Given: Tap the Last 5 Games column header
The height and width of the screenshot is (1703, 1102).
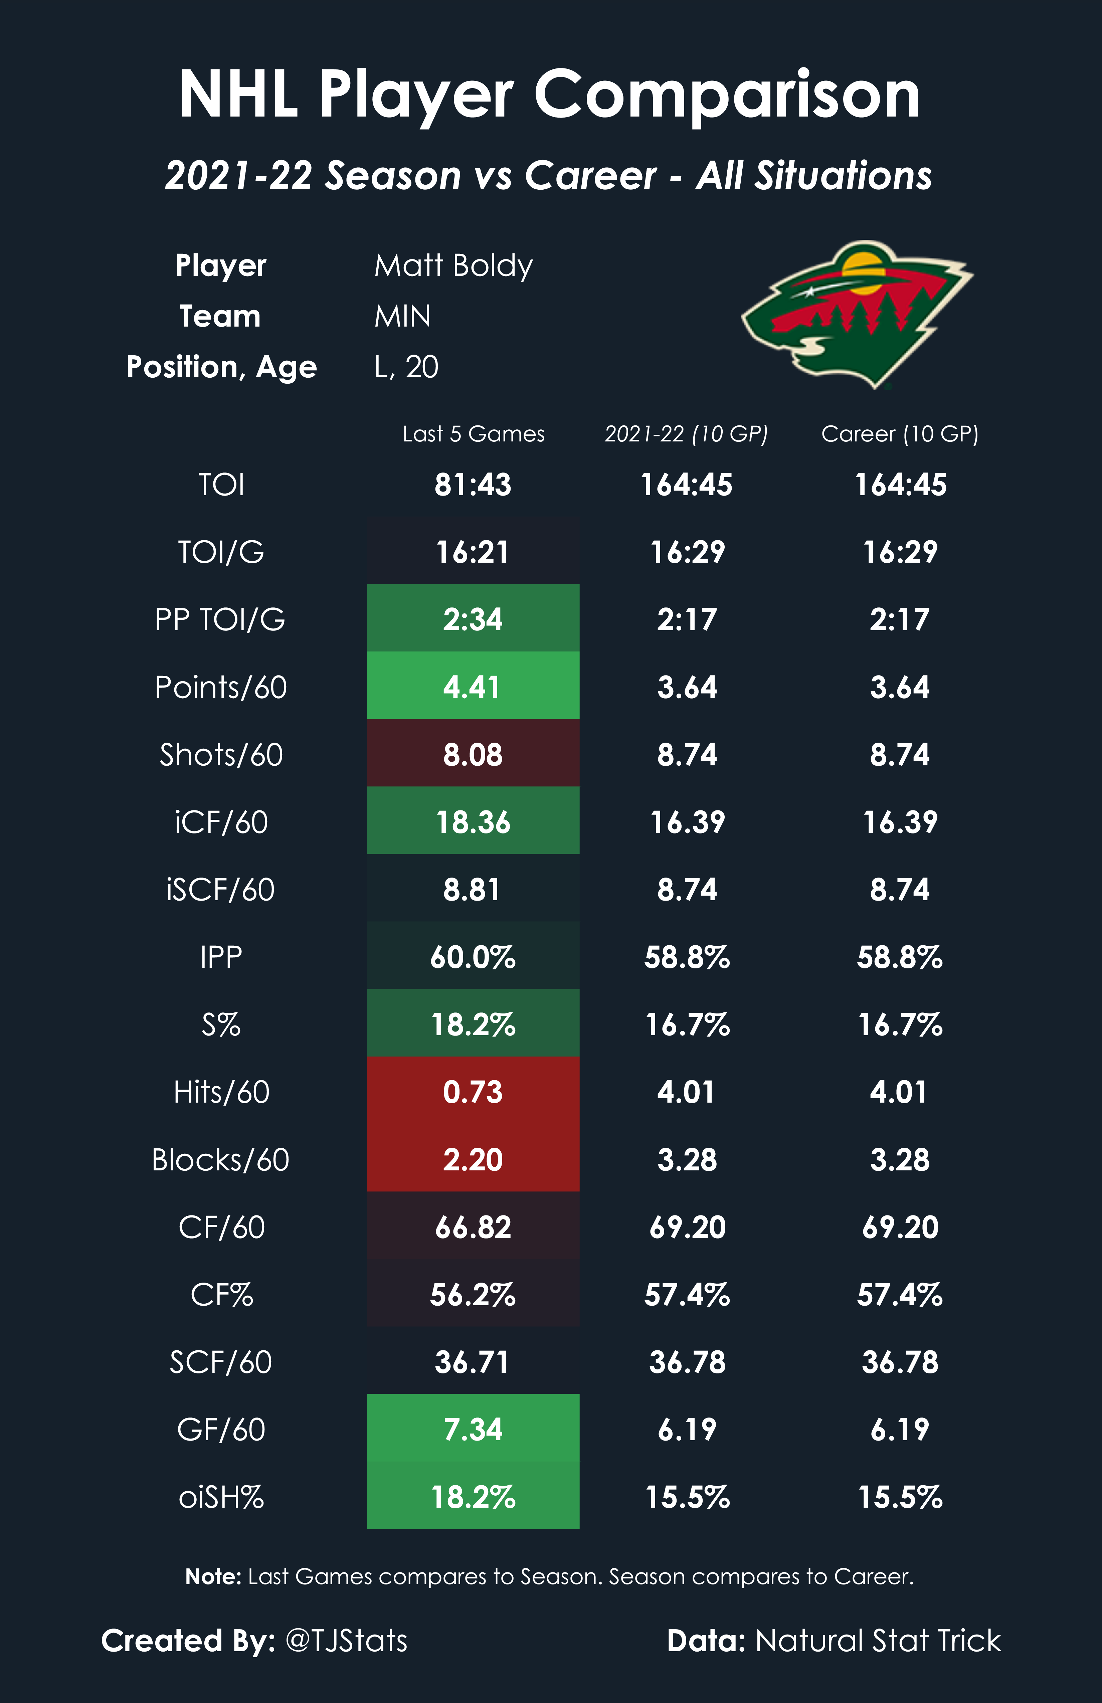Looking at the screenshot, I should click(473, 434).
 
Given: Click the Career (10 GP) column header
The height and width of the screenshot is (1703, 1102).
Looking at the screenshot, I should click(900, 434).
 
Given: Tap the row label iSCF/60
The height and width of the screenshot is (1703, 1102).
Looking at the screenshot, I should click(220, 890).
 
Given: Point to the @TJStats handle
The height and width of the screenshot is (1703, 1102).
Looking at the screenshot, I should click(346, 1640).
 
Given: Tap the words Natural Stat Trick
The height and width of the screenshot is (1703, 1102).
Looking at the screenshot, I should click(878, 1640).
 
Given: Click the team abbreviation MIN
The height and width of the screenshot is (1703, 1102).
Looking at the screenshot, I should click(402, 316).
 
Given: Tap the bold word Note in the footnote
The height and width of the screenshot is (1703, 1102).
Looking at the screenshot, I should click(212, 1576).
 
